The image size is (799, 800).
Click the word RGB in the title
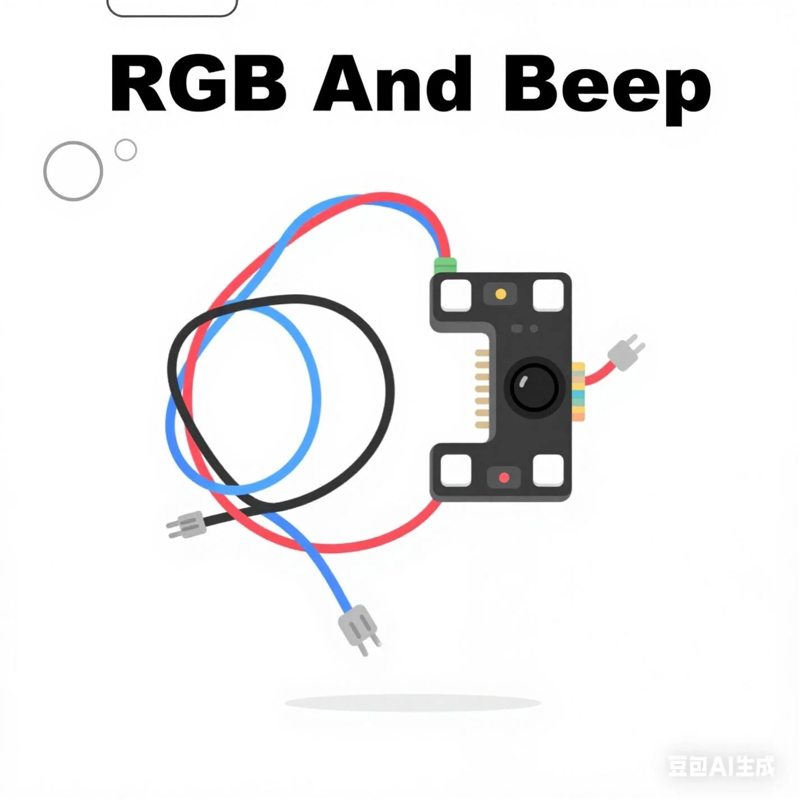pos(198,84)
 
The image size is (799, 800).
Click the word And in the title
pos(393,84)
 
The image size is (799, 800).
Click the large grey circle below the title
pos(73,171)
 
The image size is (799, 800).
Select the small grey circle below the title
pos(126,150)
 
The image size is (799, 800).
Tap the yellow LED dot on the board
pos(501,294)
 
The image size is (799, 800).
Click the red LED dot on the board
pos(504,478)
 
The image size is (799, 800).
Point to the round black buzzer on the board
pos(534,386)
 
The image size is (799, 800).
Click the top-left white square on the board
pos(456,295)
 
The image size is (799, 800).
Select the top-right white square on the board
pos(548,295)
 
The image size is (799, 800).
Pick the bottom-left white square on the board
pos(455,470)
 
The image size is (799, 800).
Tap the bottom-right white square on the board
pos(548,470)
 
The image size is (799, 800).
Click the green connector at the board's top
pos(446,265)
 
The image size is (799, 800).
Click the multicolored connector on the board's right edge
pos(578,391)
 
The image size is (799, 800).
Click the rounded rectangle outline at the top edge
pos(172,7)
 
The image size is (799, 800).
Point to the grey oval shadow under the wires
pos(412,702)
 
